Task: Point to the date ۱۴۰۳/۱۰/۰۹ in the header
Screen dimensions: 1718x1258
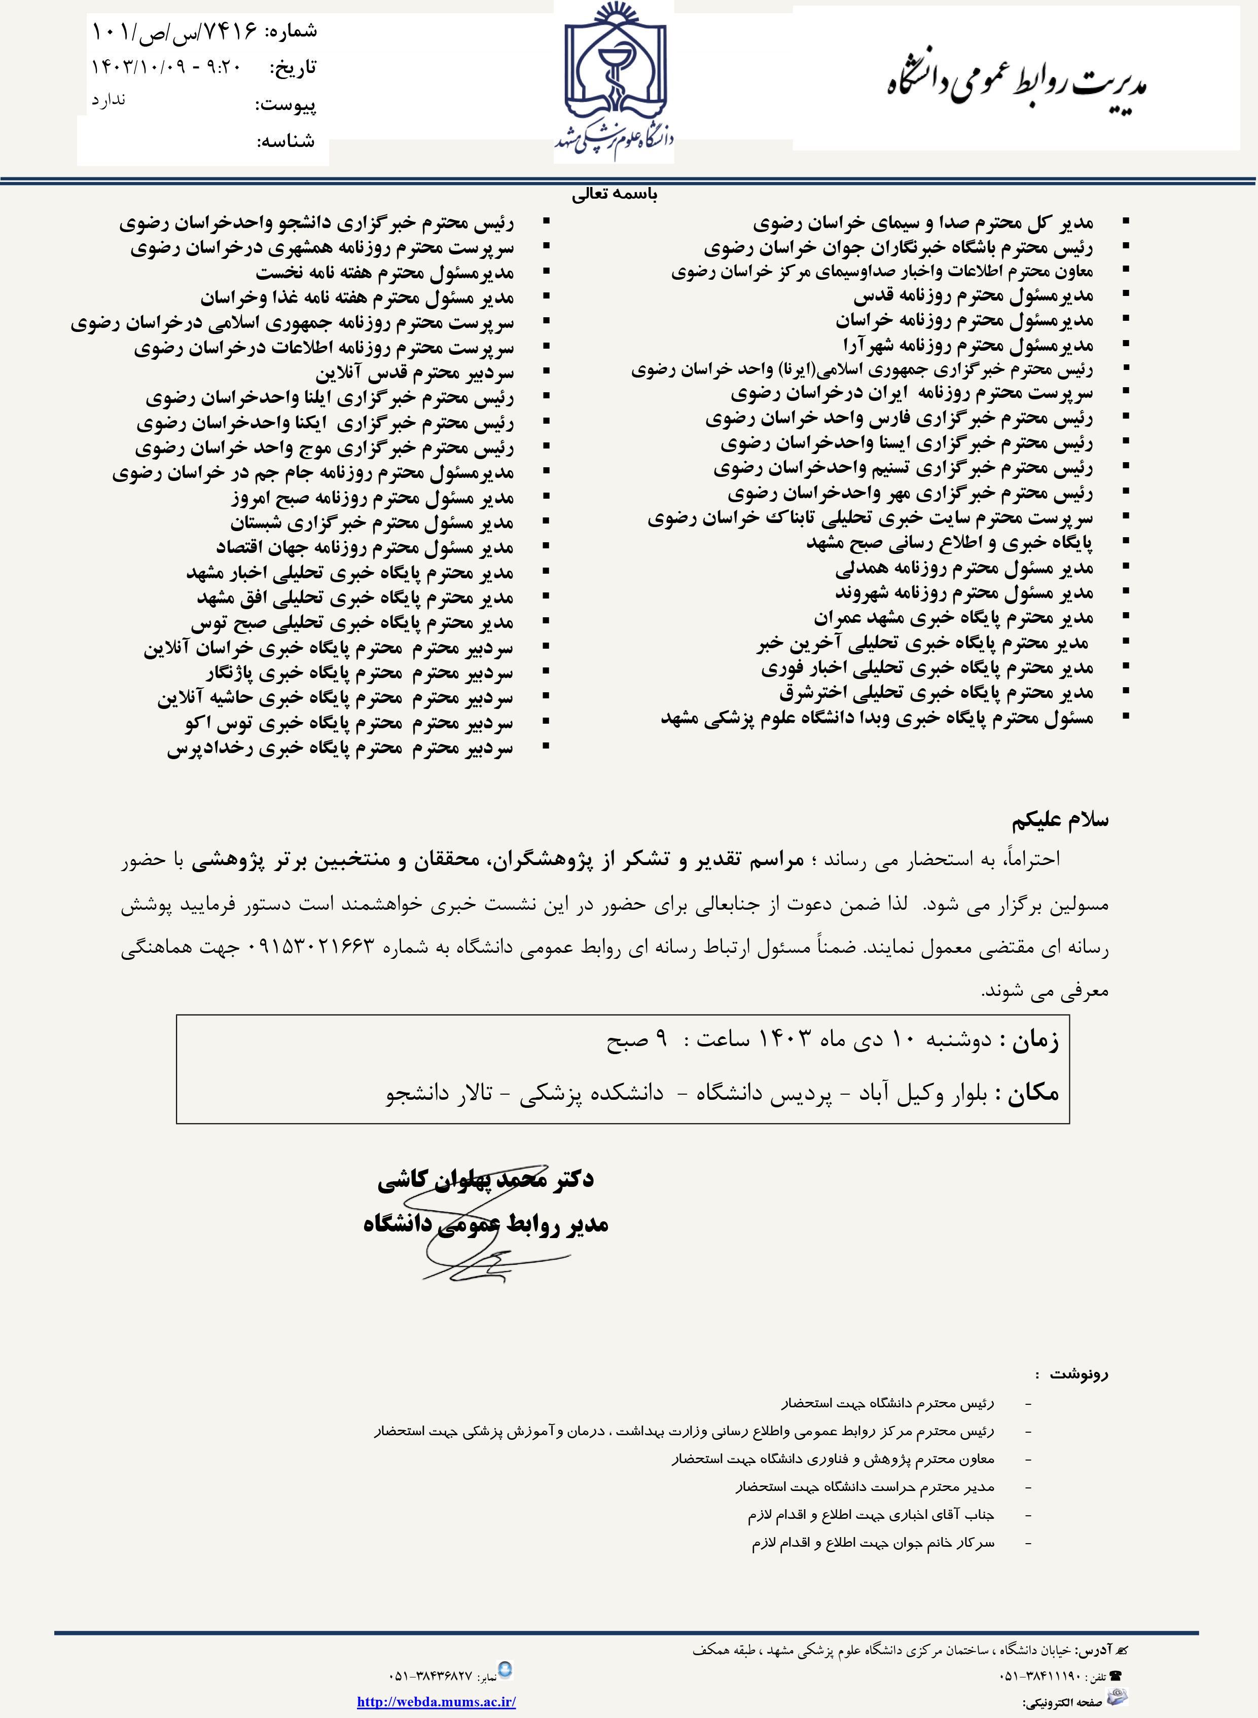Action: (x=138, y=67)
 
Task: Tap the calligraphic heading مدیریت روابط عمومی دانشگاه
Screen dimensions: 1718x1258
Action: (x=1017, y=83)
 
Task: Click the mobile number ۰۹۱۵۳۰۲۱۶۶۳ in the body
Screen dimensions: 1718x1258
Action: (x=311, y=947)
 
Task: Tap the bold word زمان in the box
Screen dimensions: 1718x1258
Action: (x=1034, y=1040)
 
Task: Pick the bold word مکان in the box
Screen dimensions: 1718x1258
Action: (x=1032, y=1094)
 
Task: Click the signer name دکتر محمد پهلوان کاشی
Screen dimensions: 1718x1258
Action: (x=485, y=1180)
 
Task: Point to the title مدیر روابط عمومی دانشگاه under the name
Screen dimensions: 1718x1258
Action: (x=485, y=1224)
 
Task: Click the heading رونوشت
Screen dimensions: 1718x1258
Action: (x=1079, y=1374)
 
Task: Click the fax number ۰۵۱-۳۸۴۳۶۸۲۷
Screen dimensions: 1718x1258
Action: (x=430, y=1675)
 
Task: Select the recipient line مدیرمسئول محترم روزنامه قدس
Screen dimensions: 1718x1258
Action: (x=973, y=295)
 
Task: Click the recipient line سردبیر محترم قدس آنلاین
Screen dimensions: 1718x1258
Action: (x=414, y=373)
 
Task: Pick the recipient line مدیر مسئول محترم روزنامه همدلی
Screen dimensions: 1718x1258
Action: (x=963, y=568)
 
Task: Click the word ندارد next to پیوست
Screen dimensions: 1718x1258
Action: (x=109, y=100)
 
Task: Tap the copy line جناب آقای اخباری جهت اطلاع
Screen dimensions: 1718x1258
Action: (x=871, y=1515)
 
